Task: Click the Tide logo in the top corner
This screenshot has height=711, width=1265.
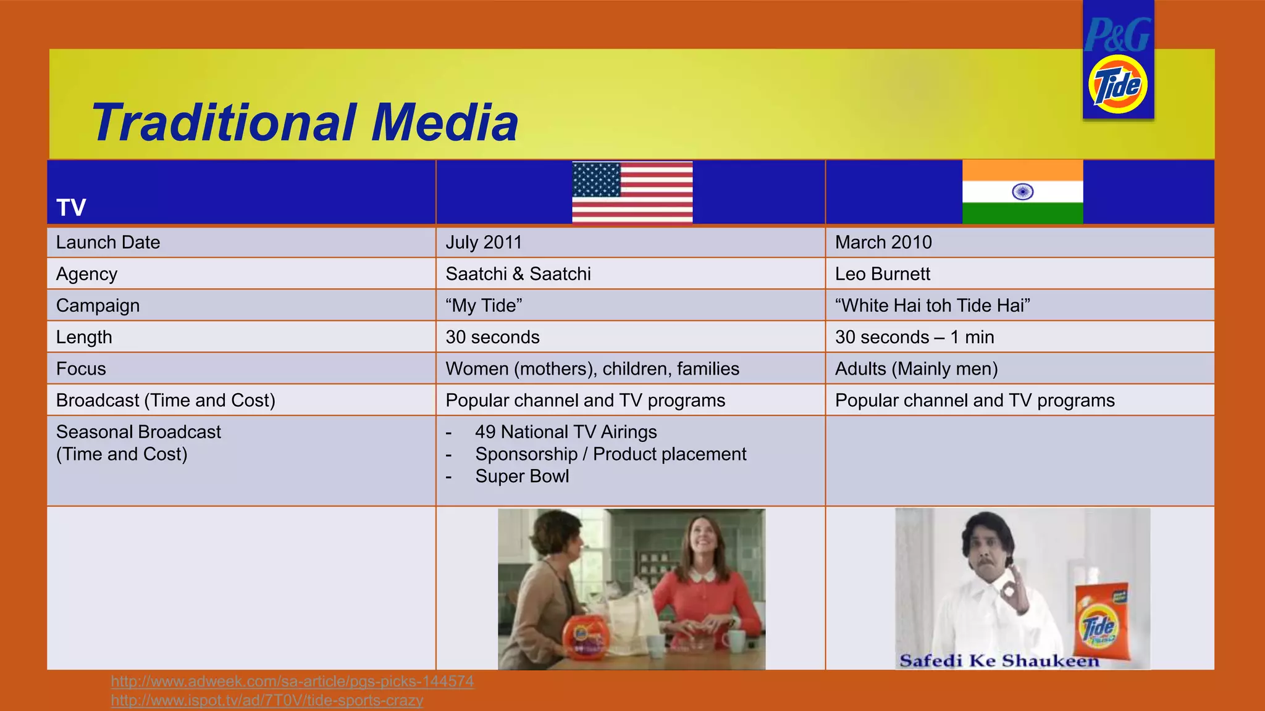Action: (1118, 84)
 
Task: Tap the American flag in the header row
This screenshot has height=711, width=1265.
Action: (632, 192)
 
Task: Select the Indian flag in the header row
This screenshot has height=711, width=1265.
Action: (1022, 192)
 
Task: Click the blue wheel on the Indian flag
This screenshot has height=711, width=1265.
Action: (1023, 192)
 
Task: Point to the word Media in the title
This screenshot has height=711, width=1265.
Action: (445, 122)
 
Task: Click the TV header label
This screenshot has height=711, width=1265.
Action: (71, 207)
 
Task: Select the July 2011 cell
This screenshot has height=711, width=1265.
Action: (484, 243)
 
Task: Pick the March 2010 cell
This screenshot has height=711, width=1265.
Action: (883, 243)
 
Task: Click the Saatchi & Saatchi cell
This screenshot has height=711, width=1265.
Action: (518, 274)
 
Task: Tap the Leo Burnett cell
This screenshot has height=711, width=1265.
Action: (882, 274)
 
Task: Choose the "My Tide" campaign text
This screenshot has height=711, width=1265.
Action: (484, 306)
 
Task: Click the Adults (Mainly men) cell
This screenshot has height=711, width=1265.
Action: (916, 369)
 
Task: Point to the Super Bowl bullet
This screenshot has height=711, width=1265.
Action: (522, 476)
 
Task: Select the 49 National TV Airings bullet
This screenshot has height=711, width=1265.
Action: (565, 432)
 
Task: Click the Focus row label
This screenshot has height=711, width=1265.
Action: (81, 369)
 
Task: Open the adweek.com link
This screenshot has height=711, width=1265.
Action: (292, 681)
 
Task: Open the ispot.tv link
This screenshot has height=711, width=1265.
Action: (267, 701)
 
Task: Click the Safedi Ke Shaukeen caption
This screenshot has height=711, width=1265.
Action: (999, 661)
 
